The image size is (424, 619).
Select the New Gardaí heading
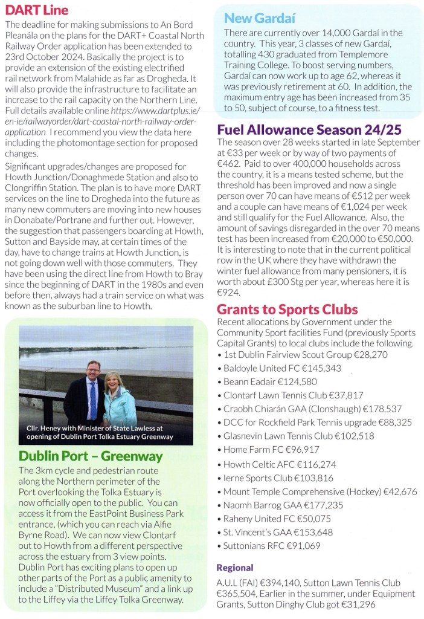pyautogui.click(x=259, y=19)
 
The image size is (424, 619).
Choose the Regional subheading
pyautogui.click(x=235, y=568)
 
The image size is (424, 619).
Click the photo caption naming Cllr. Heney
pyautogui.click(x=100, y=432)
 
